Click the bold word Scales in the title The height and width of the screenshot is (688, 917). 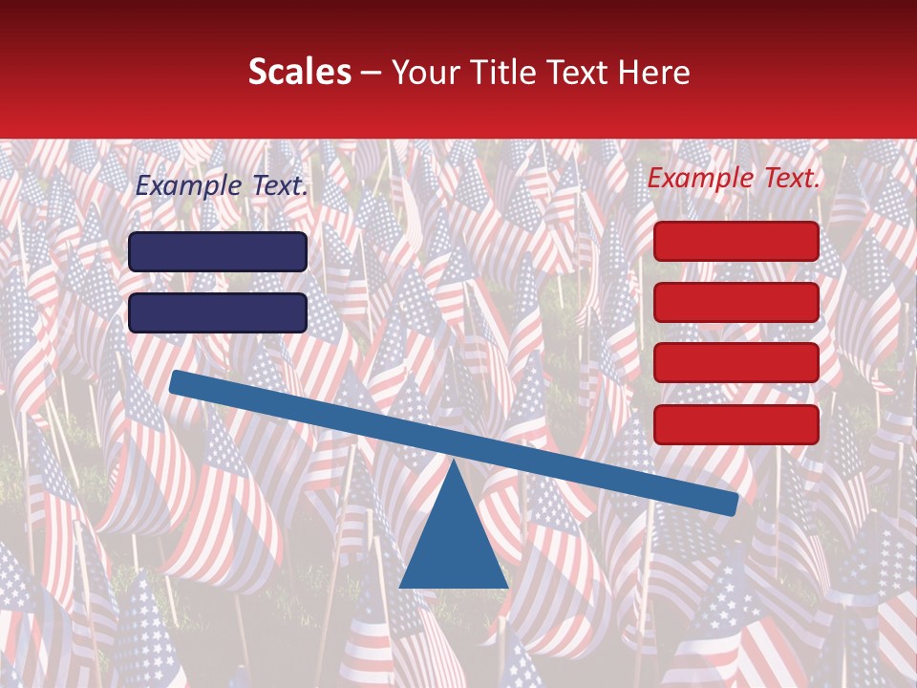[299, 72]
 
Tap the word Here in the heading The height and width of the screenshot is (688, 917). [653, 72]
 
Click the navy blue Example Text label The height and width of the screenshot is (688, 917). [222, 186]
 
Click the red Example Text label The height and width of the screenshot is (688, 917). [734, 178]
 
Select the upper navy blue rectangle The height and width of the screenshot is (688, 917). [218, 251]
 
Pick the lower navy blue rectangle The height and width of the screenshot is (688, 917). [218, 312]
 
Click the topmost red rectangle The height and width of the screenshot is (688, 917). [736, 241]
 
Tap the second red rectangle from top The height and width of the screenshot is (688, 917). [736, 302]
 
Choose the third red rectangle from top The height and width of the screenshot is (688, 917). [736, 363]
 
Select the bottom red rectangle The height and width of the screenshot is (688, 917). [736, 424]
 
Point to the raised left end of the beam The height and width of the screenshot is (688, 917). [178, 382]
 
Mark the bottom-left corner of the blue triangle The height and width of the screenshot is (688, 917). [400, 587]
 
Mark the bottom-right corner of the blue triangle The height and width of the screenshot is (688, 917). [507, 587]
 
